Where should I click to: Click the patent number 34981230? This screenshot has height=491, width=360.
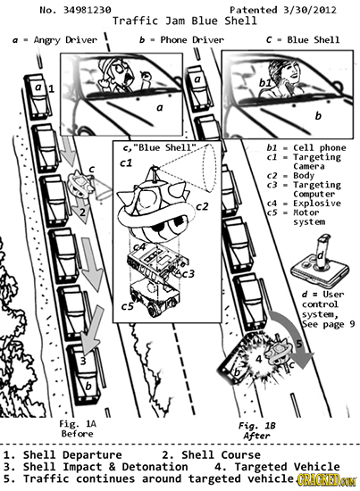tap(88, 10)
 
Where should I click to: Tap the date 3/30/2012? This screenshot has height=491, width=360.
tap(309, 10)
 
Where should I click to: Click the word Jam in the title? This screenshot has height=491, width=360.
tap(175, 21)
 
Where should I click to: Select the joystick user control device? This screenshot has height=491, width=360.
tap(320, 259)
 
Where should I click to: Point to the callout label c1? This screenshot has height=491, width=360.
tap(126, 163)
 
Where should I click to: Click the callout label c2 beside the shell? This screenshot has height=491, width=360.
tap(202, 207)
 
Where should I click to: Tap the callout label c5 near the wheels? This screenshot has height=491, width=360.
tap(128, 307)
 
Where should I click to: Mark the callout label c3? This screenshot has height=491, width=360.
tap(188, 274)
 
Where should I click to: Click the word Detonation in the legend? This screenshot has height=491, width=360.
tap(155, 467)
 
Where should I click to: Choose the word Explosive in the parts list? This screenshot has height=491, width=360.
tap(317, 204)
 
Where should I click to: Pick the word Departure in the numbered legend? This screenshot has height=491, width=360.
tap(92, 455)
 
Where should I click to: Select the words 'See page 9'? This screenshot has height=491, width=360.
tap(329, 323)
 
